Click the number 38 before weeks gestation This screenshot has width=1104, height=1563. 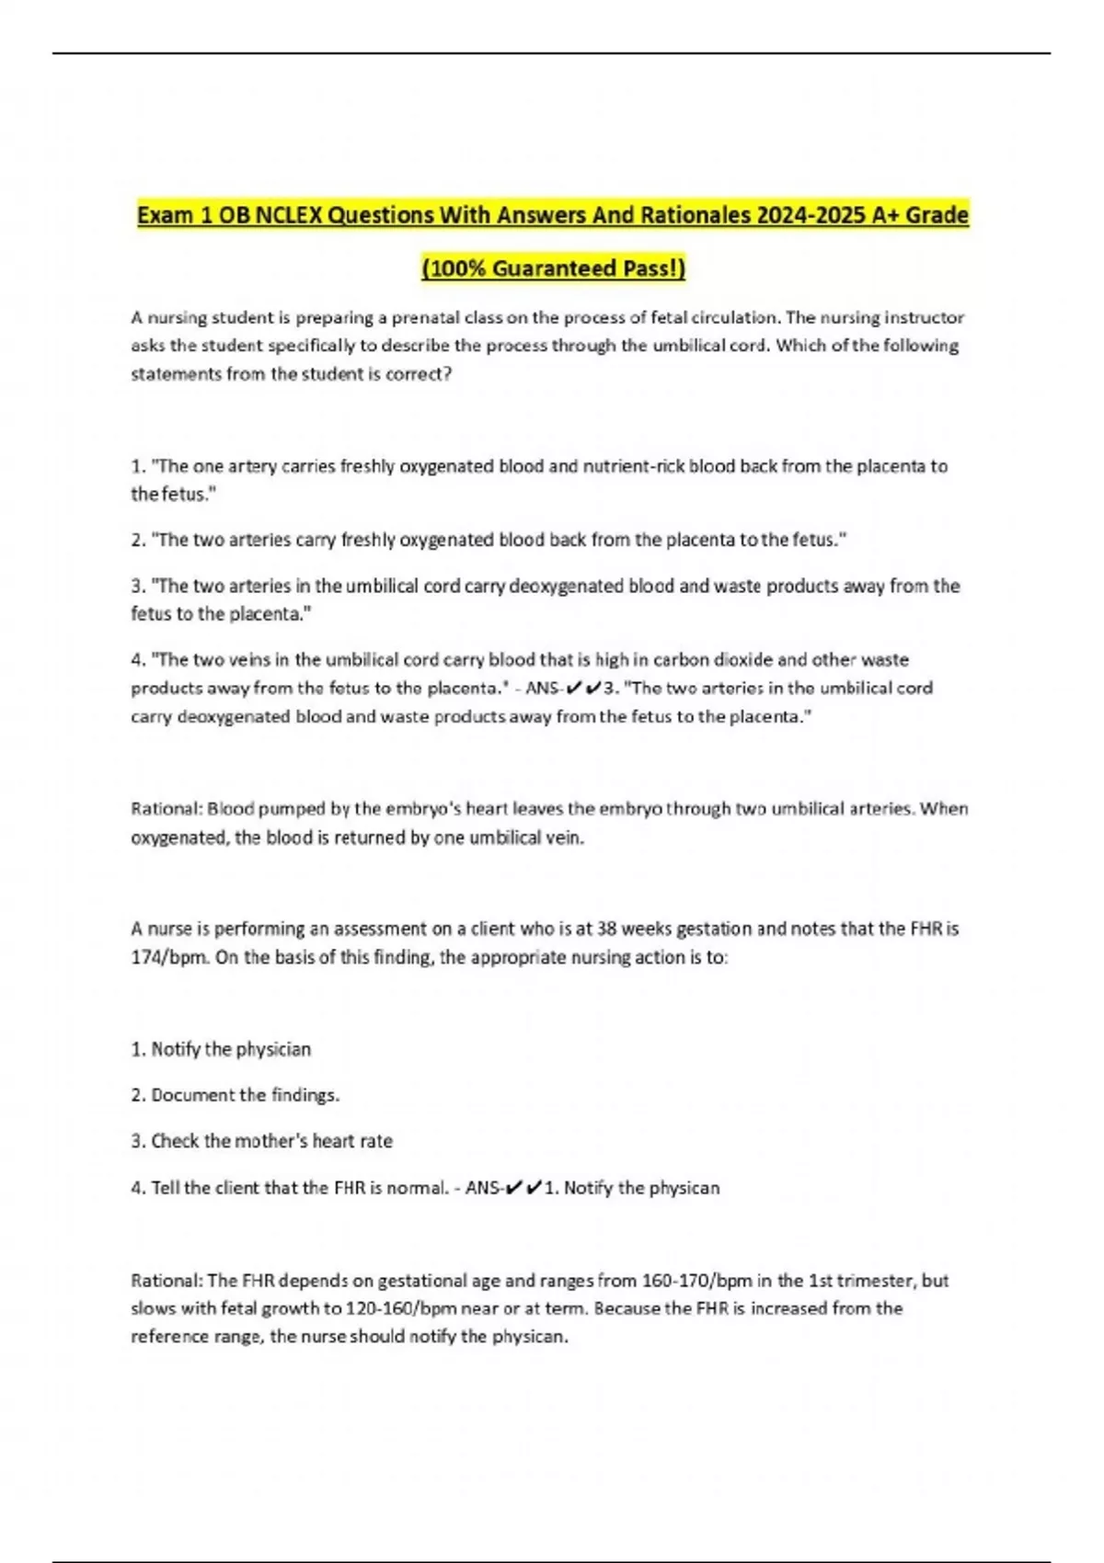click(x=607, y=929)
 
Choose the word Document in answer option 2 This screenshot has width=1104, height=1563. click(x=193, y=1095)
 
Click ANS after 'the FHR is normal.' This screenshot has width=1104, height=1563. click(x=483, y=1188)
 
